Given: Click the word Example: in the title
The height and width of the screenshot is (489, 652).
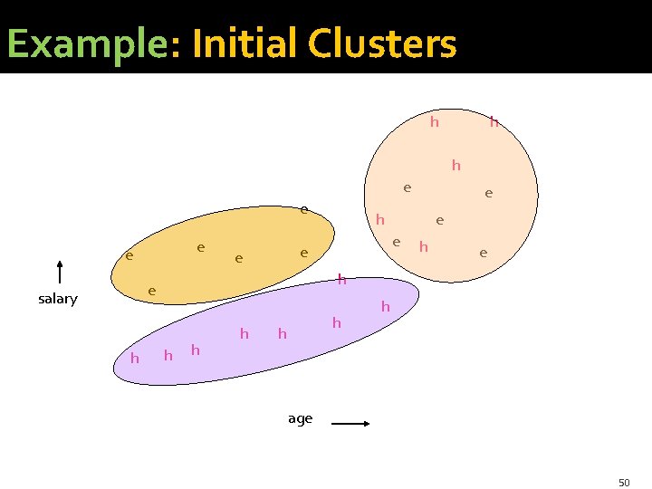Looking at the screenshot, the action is (85, 43).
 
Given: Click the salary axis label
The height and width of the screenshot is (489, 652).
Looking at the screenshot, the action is (58, 299).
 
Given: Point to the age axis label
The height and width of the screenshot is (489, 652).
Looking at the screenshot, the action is (300, 418).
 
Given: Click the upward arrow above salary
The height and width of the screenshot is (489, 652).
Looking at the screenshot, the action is (59, 273).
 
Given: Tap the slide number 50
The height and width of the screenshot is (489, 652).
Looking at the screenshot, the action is (624, 483).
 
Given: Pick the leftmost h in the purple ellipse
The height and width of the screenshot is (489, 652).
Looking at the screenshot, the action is (135, 359).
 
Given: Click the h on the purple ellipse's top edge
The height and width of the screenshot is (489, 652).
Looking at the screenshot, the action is (341, 280).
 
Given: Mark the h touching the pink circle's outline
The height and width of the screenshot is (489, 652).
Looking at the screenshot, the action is (494, 120).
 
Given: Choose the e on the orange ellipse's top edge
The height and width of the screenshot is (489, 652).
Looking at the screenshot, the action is (305, 210).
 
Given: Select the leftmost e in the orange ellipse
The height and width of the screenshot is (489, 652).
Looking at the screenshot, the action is (129, 256).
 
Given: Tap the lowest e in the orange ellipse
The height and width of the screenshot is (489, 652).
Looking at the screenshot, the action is (152, 291).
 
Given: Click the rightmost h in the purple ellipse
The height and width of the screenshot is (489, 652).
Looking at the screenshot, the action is (385, 307).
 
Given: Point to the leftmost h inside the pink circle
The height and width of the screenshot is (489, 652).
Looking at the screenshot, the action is (380, 219).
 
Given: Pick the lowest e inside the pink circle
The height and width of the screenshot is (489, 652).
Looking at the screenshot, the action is (484, 253).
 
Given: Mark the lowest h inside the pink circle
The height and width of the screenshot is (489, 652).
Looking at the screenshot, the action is (423, 246).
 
